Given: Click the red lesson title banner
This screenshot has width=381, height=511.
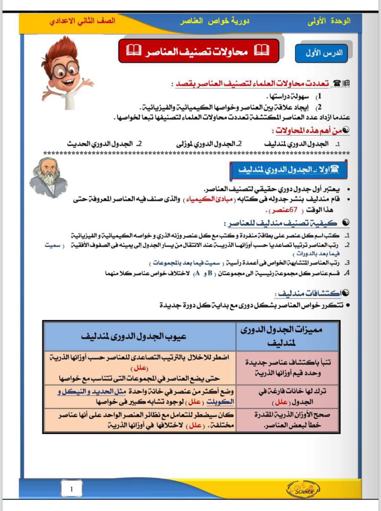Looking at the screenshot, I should click(198, 51).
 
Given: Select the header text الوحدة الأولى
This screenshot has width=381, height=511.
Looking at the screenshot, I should click(329, 21).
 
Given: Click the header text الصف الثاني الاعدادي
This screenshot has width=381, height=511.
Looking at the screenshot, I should click(82, 21).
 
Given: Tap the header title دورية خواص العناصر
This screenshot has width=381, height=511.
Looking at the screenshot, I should click(214, 21).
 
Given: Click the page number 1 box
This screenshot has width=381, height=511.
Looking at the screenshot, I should click(71, 489).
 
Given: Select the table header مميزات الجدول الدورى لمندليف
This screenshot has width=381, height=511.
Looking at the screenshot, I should click(281, 336).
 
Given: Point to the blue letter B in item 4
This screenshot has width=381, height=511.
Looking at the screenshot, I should click(210, 273).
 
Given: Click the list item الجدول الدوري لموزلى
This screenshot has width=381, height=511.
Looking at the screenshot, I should click(209, 144).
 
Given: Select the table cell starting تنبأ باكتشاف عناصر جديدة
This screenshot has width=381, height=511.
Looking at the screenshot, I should click(287, 368).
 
